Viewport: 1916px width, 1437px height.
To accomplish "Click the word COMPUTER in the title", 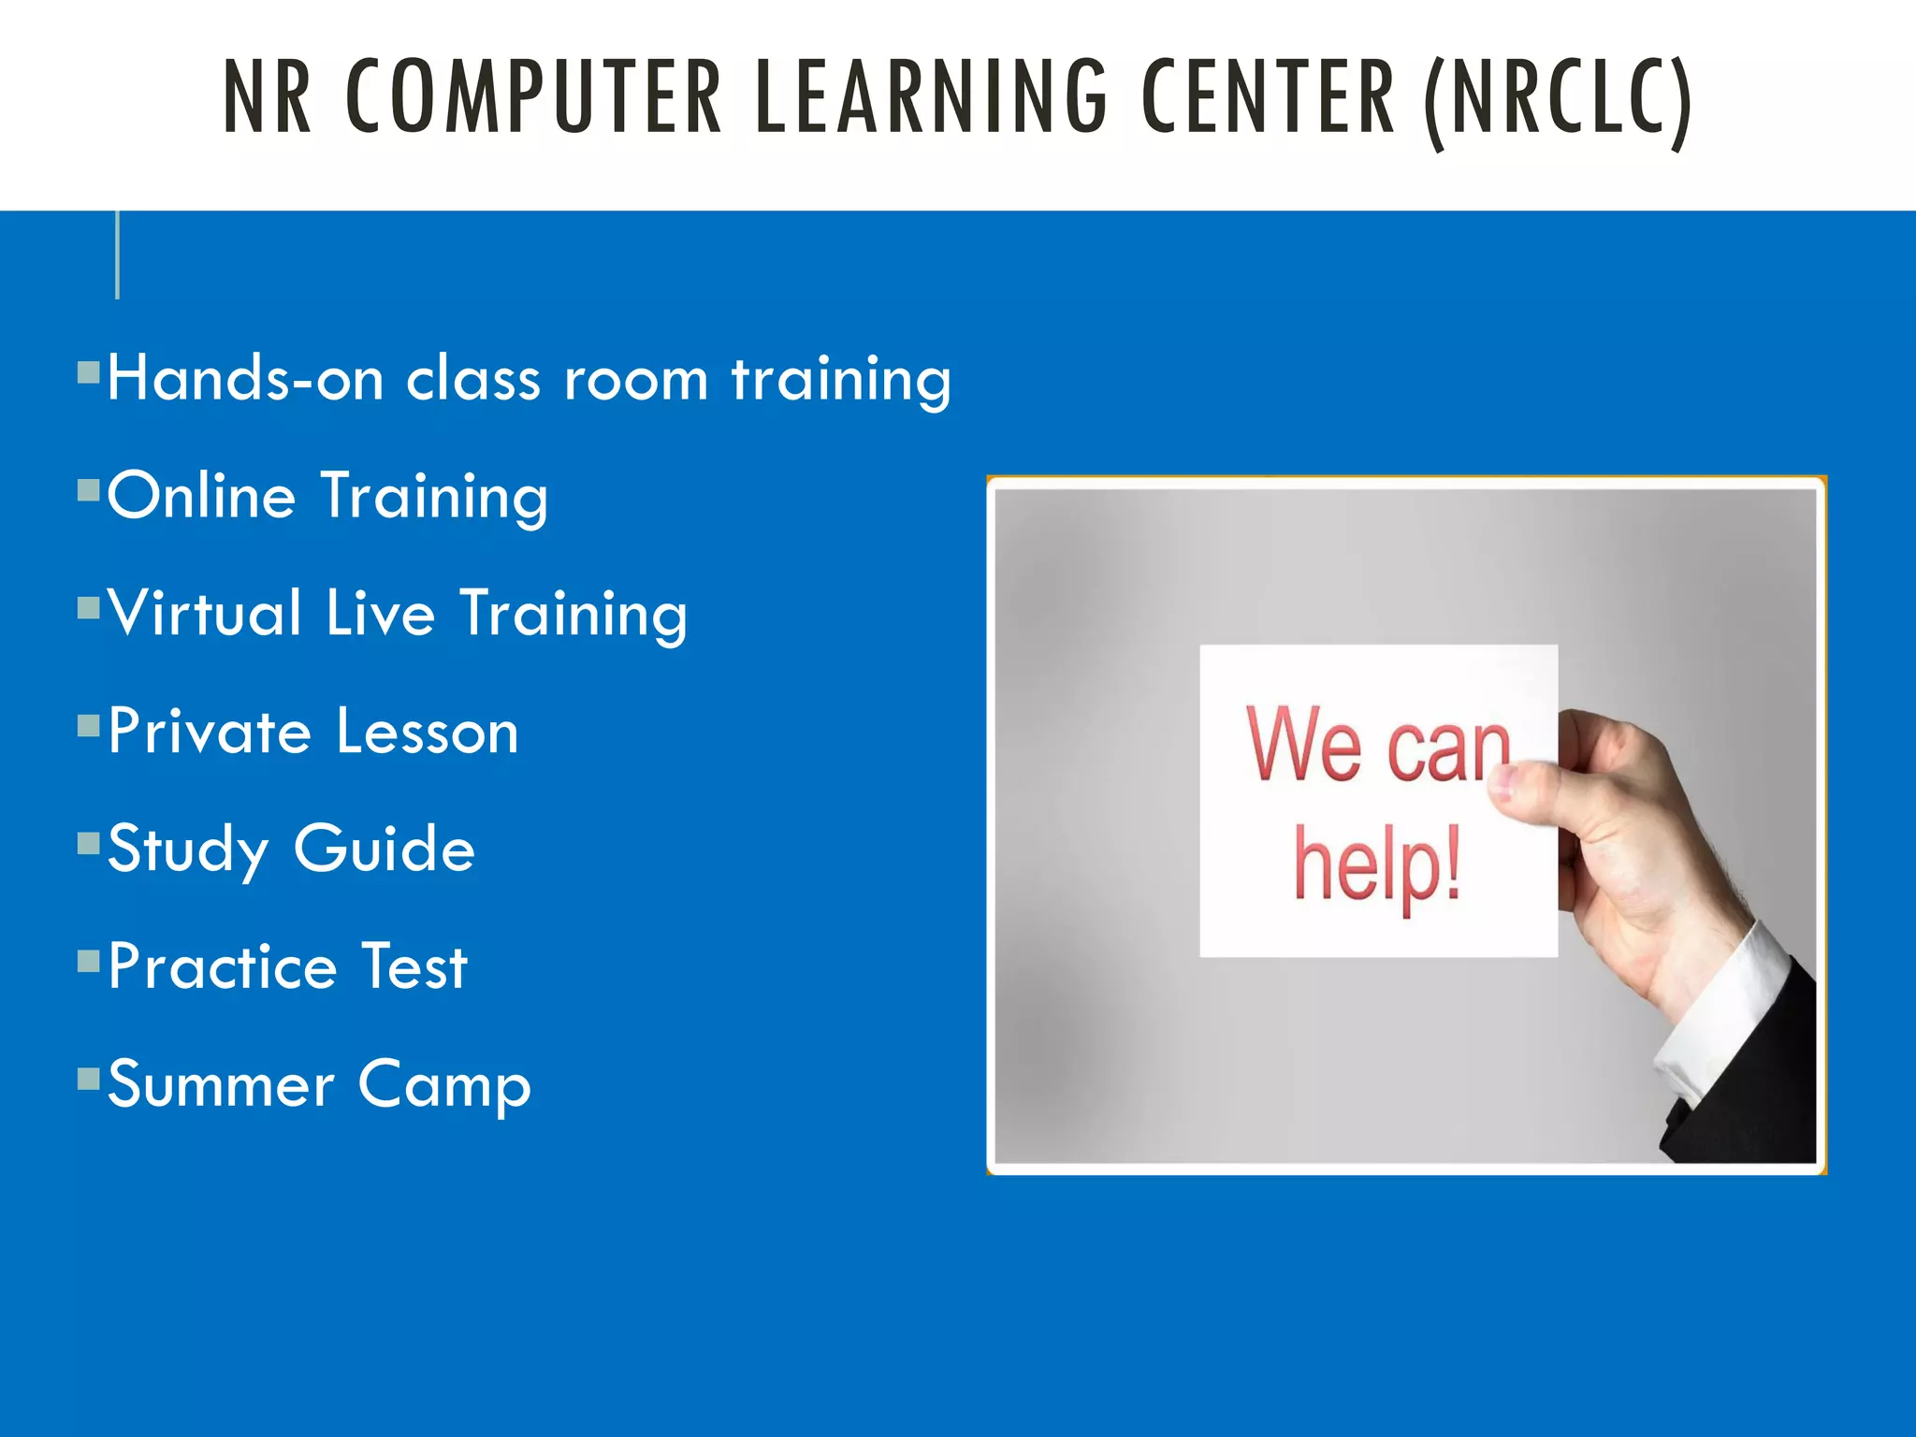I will [x=533, y=96].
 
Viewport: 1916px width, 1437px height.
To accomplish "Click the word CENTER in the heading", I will [x=1268, y=96].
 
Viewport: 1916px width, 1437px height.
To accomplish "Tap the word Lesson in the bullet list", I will [x=427, y=732].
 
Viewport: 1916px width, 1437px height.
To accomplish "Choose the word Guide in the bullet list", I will [x=385, y=849].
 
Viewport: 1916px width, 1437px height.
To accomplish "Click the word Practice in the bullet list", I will [x=223, y=966].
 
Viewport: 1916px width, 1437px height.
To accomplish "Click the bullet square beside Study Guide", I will [x=89, y=844].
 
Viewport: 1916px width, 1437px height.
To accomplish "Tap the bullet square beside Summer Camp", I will [x=89, y=1080].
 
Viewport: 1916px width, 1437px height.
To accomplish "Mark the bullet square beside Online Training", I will [x=89, y=490].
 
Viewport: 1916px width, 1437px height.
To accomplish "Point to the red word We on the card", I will [x=1303, y=744].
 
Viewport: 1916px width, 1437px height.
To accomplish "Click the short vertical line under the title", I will [x=117, y=254].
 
